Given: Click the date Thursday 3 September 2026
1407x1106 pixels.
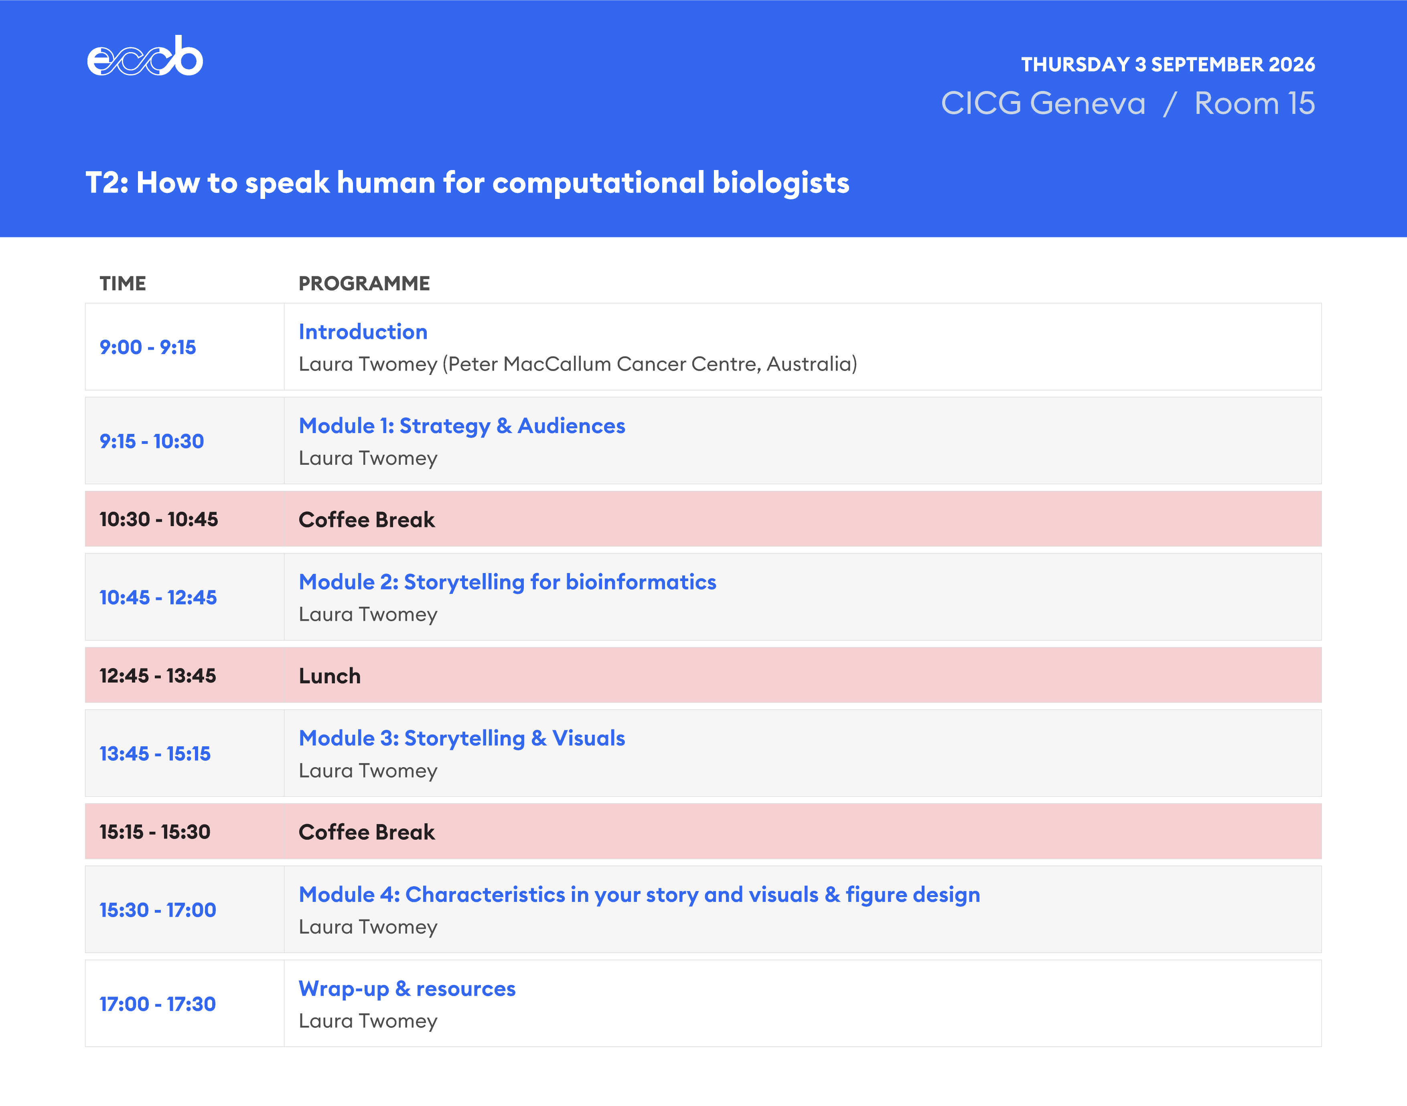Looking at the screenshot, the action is [x=1168, y=65].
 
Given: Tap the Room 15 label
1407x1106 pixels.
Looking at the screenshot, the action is [x=1254, y=103].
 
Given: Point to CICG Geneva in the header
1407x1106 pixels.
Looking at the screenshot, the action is [x=1043, y=103].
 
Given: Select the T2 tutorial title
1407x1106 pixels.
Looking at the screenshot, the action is [x=468, y=182].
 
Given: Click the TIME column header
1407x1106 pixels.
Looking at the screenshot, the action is [x=123, y=284].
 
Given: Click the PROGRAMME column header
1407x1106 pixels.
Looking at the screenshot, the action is [x=364, y=284].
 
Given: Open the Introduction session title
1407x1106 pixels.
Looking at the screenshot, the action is [x=363, y=332].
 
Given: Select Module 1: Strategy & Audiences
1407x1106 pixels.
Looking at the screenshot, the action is [x=462, y=425].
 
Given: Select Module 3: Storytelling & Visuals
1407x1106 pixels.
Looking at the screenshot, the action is [x=462, y=738].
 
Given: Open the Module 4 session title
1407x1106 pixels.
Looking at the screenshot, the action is [x=639, y=894].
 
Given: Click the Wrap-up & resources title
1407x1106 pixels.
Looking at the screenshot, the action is [x=407, y=989].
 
